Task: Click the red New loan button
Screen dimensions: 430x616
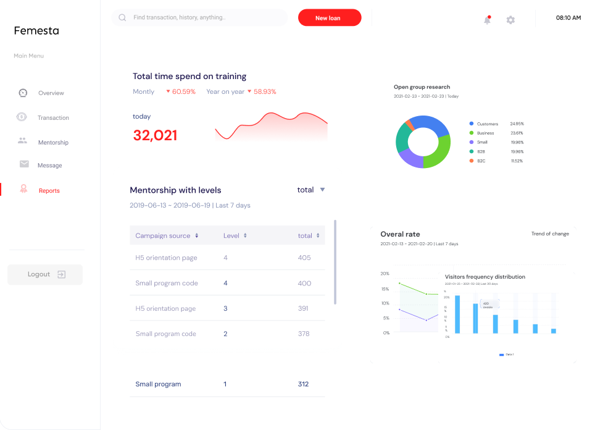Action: coord(329,18)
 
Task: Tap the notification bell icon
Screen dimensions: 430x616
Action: coord(487,20)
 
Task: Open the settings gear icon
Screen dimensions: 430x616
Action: coord(510,20)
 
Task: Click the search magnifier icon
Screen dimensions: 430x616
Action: coord(122,18)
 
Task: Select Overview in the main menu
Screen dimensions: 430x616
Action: coord(51,93)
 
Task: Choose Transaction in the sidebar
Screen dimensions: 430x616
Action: coord(53,118)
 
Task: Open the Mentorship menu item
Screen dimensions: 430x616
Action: coord(53,143)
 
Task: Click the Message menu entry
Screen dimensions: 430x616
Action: coord(49,166)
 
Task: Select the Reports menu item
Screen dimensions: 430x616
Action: coord(49,191)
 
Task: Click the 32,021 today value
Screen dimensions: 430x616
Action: coord(155,136)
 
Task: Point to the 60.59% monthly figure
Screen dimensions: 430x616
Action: coord(183,91)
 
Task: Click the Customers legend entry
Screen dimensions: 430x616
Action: coord(487,124)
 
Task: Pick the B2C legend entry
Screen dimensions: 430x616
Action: coord(481,161)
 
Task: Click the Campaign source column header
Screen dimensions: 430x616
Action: coord(163,236)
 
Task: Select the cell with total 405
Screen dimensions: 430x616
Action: coord(304,258)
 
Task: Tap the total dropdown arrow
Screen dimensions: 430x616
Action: coord(322,190)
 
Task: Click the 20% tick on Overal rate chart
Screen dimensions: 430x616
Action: coord(385,274)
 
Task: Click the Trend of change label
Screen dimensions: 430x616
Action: coord(550,234)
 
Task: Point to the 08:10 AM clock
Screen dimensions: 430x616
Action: coord(568,18)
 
